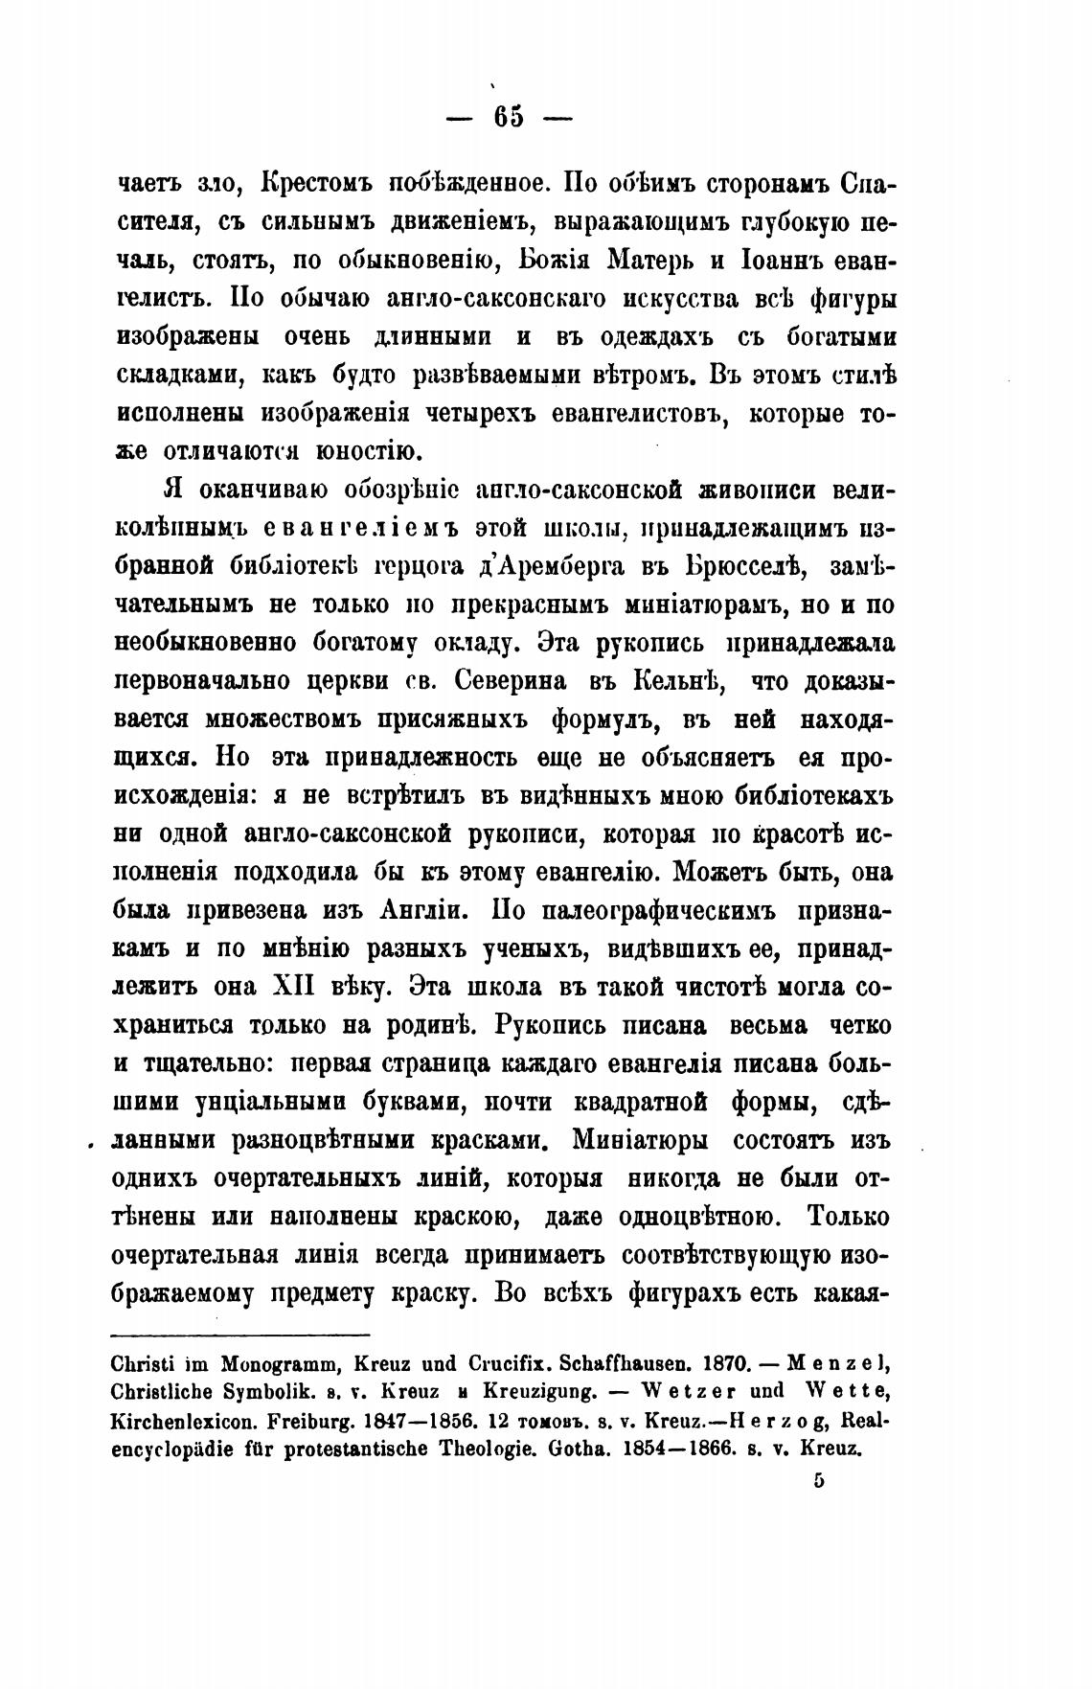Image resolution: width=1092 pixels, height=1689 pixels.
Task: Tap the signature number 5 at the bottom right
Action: pos(817,1478)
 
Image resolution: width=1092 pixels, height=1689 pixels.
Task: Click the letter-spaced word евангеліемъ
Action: pos(359,528)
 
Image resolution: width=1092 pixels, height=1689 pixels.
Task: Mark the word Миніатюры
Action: pos(640,1141)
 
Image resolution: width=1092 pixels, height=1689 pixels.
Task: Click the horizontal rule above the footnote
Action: pos(239,1335)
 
